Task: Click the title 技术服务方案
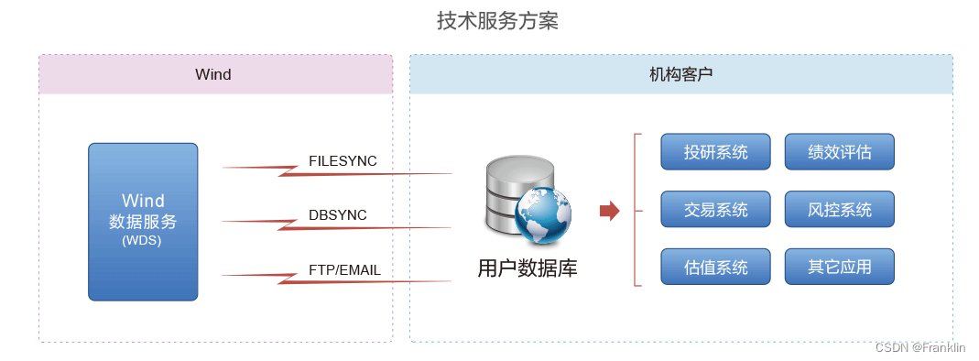click(x=497, y=21)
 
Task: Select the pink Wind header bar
click(x=215, y=74)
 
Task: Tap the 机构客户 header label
click(x=680, y=74)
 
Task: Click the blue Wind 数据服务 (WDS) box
click(x=143, y=221)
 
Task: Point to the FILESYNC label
click(x=343, y=161)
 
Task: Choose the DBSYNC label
click(x=337, y=215)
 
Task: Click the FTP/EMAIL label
click(x=344, y=270)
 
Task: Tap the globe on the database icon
click(x=543, y=216)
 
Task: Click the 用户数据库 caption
click(x=528, y=268)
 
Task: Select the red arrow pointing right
click(x=609, y=212)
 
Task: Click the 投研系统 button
click(x=716, y=152)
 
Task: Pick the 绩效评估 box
click(x=839, y=152)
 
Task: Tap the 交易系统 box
click(x=716, y=210)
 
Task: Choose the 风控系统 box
click(x=839, y=210)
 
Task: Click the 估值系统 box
click(x=716, y=268)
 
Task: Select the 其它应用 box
click(x=839, y=268)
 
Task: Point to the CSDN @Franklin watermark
click(x=920, y=348)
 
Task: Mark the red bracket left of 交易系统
click(x=636, y=210)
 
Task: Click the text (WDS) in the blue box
click(x=142, y=242)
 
